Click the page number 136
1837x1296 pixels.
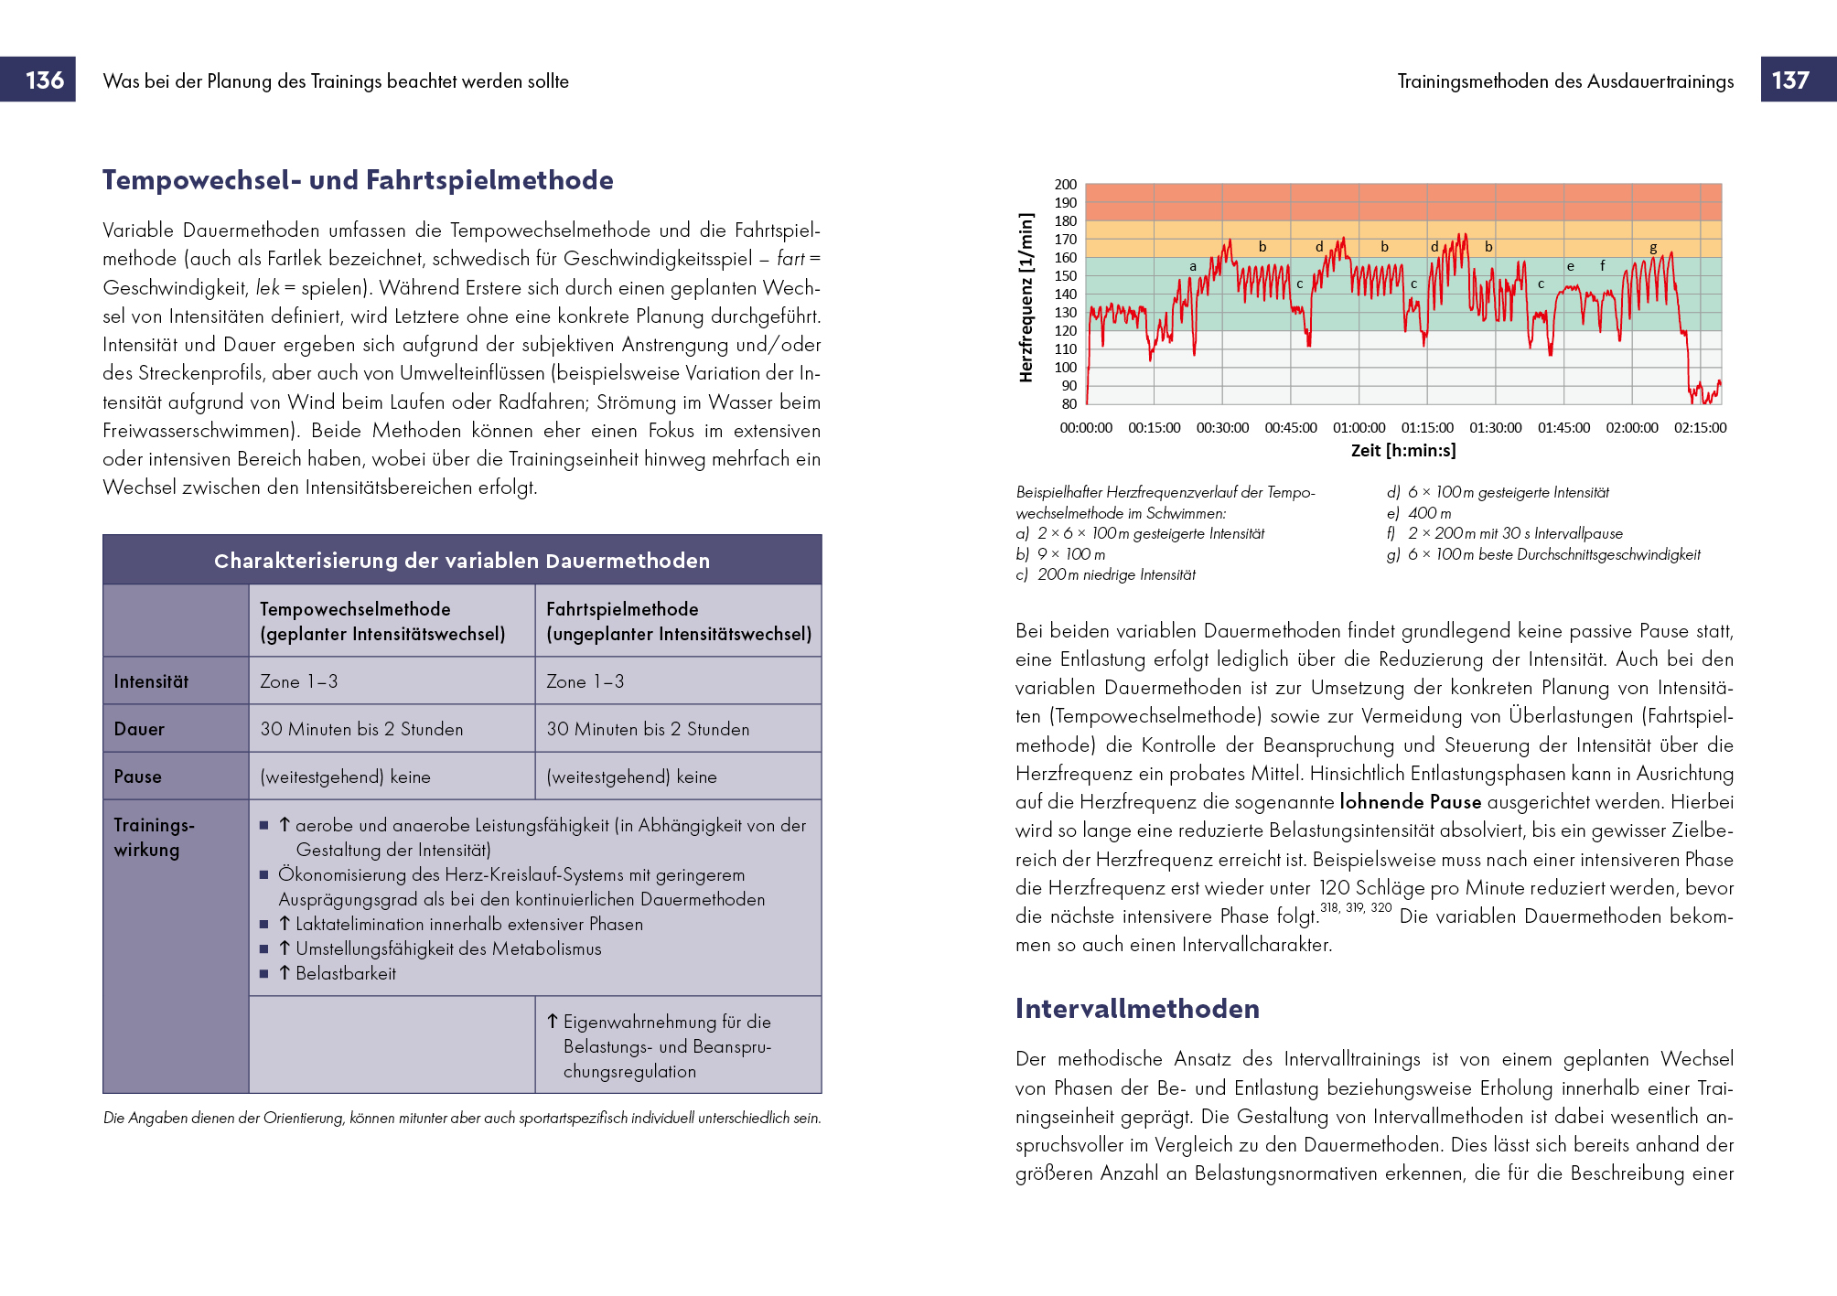[45, 80]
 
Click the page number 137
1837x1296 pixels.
[1790, 80]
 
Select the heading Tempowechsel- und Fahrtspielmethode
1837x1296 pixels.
[358, 180]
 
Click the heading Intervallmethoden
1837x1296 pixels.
[1137, 1009]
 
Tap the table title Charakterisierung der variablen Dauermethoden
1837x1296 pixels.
[462, 561]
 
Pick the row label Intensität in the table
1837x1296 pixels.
[151, 681]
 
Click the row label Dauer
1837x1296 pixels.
[139, 729]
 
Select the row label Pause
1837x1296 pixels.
[137, 777]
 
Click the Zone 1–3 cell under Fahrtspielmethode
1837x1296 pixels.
[585, 681]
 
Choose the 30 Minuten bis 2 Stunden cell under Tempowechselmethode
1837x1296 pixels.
[361, 729]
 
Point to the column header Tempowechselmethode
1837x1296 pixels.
[355, 609]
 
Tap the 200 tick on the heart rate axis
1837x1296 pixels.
[1066, 185]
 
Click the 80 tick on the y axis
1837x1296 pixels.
[1069, 404]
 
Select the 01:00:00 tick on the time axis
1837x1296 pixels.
[1359, 428]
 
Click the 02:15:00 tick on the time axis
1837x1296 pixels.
[1700, 428]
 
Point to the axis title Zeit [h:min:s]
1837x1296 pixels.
[1403, 450]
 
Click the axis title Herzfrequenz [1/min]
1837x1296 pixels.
[1026, 297]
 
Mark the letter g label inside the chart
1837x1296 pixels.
[1653, 248]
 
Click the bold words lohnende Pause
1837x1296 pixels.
[1410, 802]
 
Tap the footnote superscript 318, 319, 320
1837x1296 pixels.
[1356, 908]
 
